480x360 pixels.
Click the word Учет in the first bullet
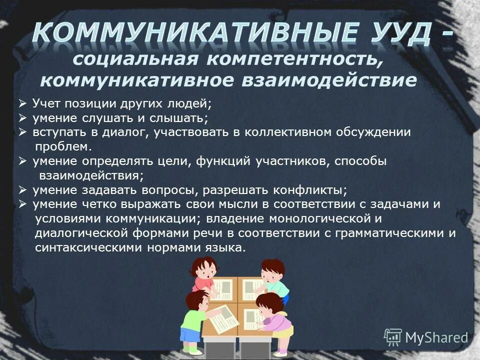point(46,104)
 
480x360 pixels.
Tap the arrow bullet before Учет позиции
point(23,104)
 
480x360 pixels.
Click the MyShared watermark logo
point(425,337)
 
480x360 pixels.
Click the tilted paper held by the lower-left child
point(223,318)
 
